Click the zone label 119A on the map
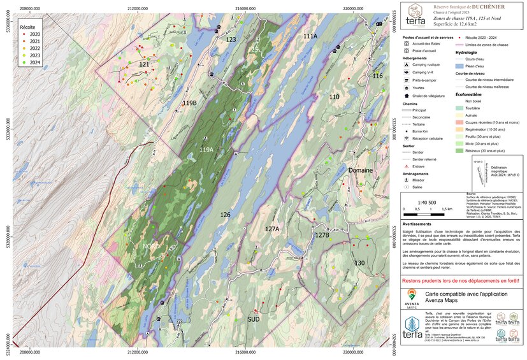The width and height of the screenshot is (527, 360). point(206,150)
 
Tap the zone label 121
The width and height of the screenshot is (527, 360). point(145,65)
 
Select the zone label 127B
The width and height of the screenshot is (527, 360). point(322,235)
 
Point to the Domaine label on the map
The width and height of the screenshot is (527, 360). point(360,171)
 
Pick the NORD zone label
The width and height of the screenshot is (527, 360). point(152,245)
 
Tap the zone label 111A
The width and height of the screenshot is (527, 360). point(310,36)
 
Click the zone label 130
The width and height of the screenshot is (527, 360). point(359,263)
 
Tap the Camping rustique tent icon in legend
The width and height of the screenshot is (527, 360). point(406,66)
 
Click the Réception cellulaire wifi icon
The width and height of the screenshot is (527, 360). point(406,138)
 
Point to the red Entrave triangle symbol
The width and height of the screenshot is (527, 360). point(406,167)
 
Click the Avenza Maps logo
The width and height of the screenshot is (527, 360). point(412,297)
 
